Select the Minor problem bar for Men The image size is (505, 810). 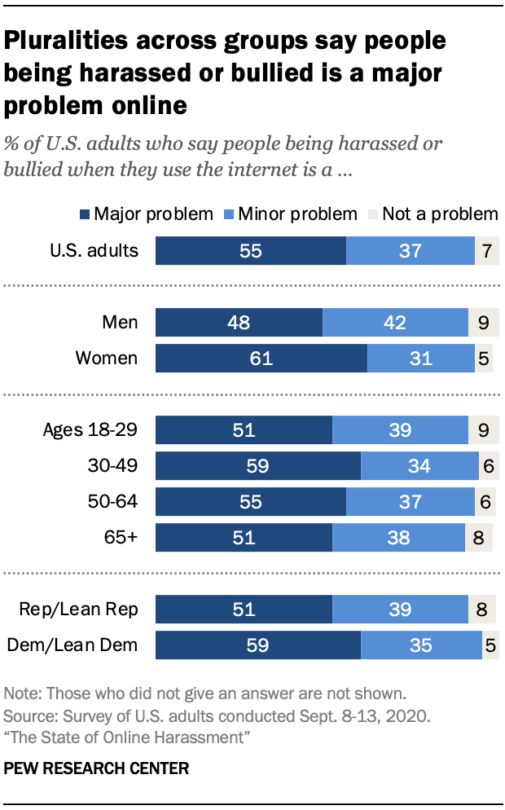(x=395, y=323)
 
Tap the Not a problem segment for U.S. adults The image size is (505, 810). (x=486, y=251)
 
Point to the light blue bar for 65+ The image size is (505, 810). (x=398, y=538)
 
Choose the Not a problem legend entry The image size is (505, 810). (x=431, y=214)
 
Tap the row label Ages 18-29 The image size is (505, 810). (x=90, y=430)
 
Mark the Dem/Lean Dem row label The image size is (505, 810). (x=72, y=645)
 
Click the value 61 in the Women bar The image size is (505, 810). (x=261, y=359)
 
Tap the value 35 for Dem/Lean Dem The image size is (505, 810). (x=421, y=645)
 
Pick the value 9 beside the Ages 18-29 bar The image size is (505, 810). (x=483, y=430)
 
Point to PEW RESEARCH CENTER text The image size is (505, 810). (x=97, y=768)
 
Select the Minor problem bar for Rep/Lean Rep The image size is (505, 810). (x=400, y=610)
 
